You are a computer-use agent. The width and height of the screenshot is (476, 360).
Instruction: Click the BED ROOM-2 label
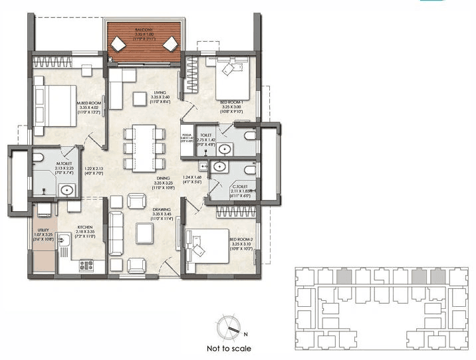click(x=241, y=238)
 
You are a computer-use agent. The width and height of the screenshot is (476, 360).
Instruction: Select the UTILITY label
click(x=43, y=230)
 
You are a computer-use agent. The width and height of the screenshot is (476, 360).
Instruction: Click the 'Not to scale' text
click(x=229, y=348)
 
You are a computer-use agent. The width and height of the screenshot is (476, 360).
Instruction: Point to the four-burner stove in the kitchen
click(x=86, y=265)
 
